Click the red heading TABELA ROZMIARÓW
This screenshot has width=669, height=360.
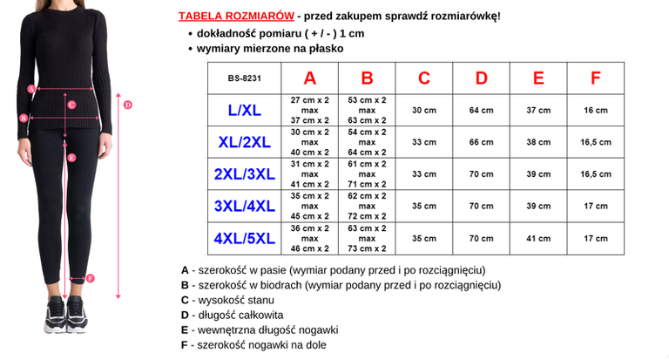coord(235,17)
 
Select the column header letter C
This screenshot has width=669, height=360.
coord(424,78)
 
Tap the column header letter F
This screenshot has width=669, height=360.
coord(596,78)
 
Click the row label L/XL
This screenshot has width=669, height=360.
coord(244,111)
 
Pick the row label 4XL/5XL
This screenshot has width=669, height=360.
coord(244,238)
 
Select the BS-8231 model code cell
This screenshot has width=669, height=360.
coord(244,78)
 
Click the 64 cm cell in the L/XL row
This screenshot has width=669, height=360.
coord(481,111)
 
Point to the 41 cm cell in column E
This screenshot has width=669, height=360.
coord(538,238)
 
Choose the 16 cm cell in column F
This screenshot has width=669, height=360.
coord(596,111)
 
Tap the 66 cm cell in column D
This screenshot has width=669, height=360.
coord(481,142)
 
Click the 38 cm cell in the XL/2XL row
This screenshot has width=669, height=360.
coord(538,142)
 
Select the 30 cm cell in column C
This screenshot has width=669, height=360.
coord(424,111)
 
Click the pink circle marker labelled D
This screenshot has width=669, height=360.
coord(127,105)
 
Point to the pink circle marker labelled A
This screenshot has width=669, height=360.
coord(31,88)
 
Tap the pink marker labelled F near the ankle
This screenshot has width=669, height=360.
coord(91,278)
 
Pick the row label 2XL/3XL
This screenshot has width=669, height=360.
coord(244,174)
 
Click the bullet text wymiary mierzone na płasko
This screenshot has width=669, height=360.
coord(269,49)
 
